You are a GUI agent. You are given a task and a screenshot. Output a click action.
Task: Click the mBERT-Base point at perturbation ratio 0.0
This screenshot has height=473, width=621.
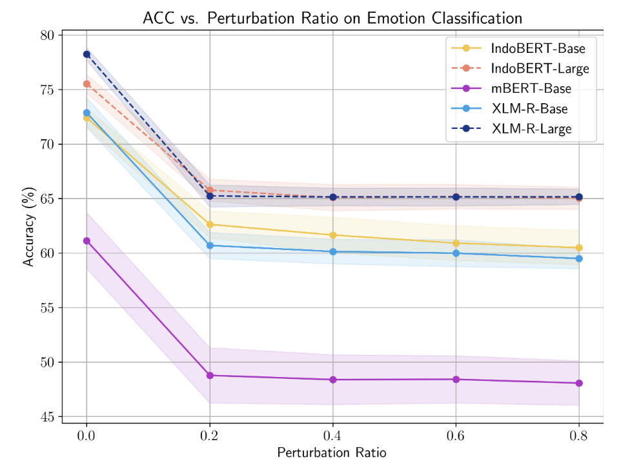[x=87, y=240]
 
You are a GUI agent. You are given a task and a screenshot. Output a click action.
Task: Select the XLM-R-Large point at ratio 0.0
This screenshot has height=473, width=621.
[x=87, y=54]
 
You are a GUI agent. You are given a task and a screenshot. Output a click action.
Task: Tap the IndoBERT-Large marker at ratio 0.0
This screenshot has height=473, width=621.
[x=87, y=84]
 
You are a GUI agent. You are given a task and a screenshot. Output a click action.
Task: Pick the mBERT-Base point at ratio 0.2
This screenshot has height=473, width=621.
[x=210, y=375]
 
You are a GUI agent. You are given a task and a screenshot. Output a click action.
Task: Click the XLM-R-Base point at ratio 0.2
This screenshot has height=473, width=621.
[x=210, y=246]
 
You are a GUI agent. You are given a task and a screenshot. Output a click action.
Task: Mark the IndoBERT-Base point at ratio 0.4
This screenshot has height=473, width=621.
[x=333, y=235]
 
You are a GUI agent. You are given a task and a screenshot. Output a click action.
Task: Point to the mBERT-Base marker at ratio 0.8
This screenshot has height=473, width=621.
[x=579, y=383]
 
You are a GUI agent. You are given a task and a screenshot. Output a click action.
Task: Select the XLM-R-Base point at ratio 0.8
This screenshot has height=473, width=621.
[x=579, y=258]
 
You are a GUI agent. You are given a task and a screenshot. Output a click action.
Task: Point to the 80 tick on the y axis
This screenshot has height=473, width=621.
[x=46, y=35]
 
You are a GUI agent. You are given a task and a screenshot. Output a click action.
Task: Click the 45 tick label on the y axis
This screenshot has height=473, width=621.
[x=46, y=417]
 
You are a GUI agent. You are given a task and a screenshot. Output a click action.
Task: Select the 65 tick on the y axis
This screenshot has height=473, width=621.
[x=46, y=199]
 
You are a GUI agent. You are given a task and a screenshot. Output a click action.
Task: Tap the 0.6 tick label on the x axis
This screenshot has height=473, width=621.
[x=456, y=437]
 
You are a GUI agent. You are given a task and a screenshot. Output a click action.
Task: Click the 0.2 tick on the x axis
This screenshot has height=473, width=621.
[x=210, y=437]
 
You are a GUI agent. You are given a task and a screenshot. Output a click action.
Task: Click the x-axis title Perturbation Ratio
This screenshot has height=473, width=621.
[x=332, y=453]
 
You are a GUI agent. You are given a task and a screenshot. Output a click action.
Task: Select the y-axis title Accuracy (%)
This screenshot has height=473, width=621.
[x=28, y=226]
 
